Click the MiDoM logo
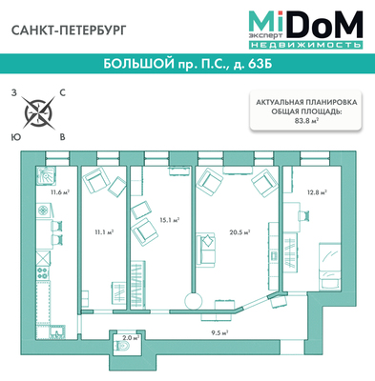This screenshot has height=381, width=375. click(x=305, y=30)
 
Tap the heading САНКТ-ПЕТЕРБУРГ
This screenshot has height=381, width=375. click(x=69, y=30)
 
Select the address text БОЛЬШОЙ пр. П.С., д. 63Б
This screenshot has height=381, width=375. click(x=188, y=64)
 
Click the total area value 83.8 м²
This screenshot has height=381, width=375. click(x=305, y=120)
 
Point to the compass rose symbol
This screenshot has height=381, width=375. click(x=39, y=112)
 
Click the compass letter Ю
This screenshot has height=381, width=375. click(x=14, y=137)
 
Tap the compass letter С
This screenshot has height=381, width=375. click(x=63, y=92)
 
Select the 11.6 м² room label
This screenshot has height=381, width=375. click(x=60, y=191)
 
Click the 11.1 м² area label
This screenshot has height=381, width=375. click(x=104, y=232)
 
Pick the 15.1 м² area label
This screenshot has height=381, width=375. click(x=170, y=219)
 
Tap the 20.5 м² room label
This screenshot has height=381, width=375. click(x=240, y=232)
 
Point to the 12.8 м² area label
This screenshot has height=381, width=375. click(x=317, y=192)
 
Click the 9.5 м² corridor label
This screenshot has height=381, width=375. click(x=220, y=333)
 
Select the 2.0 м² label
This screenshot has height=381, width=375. click(x=131, y=338)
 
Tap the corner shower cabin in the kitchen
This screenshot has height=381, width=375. click(x=45, y=175)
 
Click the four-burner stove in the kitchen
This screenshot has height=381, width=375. click(x=43, y=273)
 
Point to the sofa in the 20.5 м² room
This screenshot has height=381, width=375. click(x=205, y=249)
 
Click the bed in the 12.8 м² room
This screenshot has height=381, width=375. click(x=330, y=266)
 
